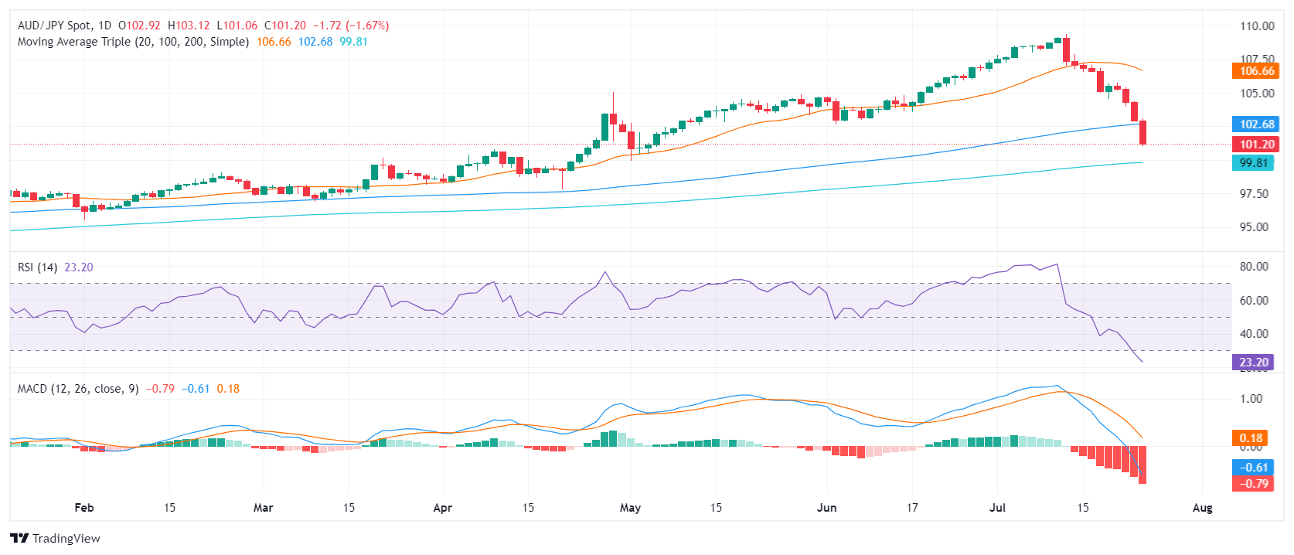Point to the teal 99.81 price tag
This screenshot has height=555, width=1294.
(x=1253, y=163)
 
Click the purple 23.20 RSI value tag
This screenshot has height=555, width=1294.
(x=1253, y=363)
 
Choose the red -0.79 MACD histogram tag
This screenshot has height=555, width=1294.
(x=1253, y=484)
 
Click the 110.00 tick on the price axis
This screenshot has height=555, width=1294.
(x=1257, y=26)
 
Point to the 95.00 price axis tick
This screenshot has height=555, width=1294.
(x=1254, y=227)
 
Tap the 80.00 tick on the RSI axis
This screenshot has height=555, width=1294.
(x=1254, y=267)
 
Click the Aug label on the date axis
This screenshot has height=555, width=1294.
(x=1202, y=508)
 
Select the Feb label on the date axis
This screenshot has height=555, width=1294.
(x=83, y=508)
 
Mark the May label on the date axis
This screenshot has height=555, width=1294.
(x=630, y=508)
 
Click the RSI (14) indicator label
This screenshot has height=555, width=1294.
(x=37, y=267)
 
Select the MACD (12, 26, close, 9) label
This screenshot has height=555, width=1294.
(x=78, y=389)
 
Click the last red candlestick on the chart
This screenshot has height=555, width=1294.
(x=1142, y=132)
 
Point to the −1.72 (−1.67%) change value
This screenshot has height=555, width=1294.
(x=350, y=26)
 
